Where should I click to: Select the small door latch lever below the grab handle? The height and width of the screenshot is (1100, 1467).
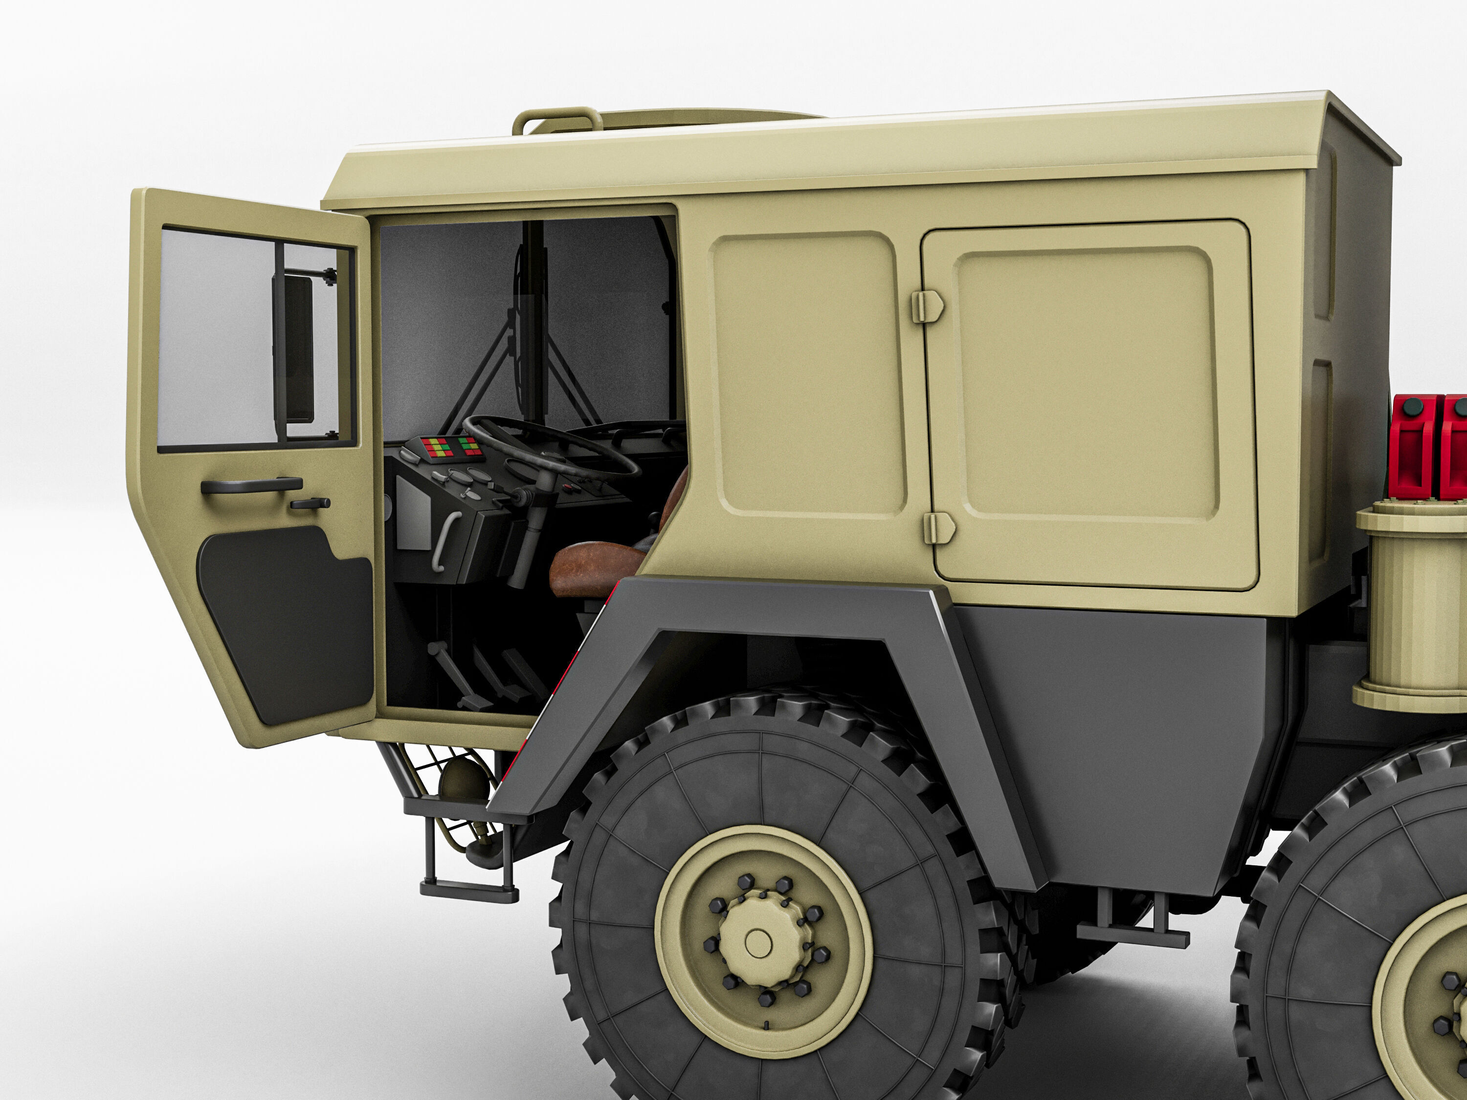[310, 504]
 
